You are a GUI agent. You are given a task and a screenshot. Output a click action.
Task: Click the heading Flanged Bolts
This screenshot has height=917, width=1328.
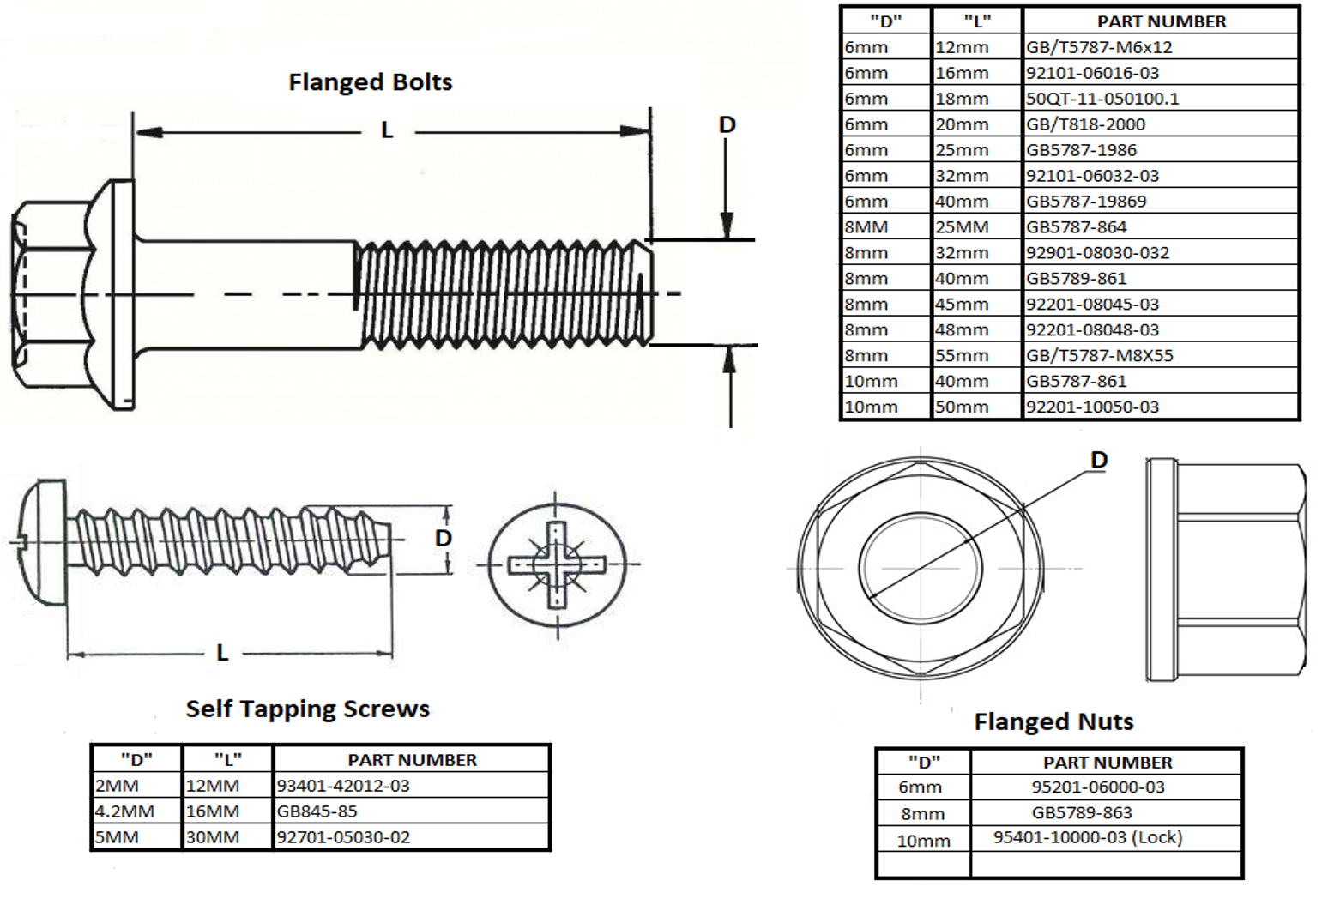[x=370, y=82]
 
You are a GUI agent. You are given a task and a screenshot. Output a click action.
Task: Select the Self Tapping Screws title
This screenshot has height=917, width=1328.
[x=307, y=709]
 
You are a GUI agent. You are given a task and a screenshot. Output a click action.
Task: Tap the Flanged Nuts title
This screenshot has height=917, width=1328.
[x=1053, y=722]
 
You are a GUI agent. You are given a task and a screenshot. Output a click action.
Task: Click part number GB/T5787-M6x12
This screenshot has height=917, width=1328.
[x=1099, y=47]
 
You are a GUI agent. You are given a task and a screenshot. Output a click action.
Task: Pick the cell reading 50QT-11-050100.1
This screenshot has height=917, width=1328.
[x=1102, y=99]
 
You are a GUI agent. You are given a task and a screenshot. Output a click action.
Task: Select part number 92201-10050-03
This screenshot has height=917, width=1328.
[x=1092, y=407]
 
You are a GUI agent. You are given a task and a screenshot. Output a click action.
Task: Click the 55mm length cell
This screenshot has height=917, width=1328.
[x=962, y=355]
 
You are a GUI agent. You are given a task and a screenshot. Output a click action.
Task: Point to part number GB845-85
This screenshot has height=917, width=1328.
[x=317, y=811]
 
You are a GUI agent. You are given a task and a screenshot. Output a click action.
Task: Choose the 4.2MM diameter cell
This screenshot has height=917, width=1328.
[x=124, y=811]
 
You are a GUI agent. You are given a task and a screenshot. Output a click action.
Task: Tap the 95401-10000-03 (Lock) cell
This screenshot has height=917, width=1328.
[x=1088, y=837]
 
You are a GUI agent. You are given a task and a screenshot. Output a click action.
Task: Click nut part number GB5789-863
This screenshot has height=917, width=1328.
[x=1081, y=812]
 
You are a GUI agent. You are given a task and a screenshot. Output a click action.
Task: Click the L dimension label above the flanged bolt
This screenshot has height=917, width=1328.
[x=387, y=130]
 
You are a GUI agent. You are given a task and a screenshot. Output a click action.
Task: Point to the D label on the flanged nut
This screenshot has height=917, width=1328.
[x=1099, y=461]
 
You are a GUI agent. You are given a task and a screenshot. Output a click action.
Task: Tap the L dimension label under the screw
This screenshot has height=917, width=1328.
[x=222, y=653]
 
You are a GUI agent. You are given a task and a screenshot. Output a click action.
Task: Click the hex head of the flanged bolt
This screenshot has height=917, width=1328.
[x=51, y=294]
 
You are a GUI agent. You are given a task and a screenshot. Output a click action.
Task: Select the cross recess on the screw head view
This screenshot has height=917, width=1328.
[x=557, y=565]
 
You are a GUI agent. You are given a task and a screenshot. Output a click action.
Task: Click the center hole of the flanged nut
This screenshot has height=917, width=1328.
[x=921, y=568]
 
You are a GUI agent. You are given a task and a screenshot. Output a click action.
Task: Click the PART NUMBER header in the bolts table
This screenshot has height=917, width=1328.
[x=1162, y=21]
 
